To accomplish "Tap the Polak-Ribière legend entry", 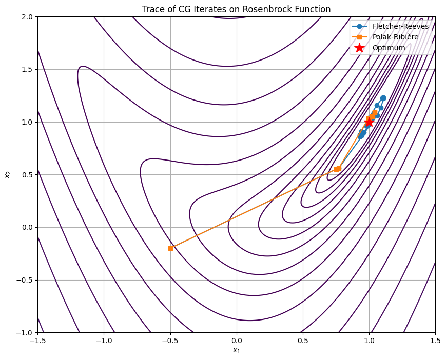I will pyautogui.click(x=399, y=37).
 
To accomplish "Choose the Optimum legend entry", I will pyautogui.click(x=389, y=48).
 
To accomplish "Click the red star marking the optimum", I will pyautogui.click(x=369, y=122).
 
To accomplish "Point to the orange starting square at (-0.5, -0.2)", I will pyautogui.click(x=170, y=248).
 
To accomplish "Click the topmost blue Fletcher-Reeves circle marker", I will pyautogui.click(x=383, y=98).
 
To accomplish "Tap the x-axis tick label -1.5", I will pyautogui.click(x=37, y=341).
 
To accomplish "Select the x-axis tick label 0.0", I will pyautogui.click(x=237, y=341).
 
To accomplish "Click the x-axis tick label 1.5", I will pyautogui.click(x=435, y=341).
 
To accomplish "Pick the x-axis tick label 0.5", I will pyautogui.click(x=303, y=341).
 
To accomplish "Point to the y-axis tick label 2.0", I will pyautogui.click(x=27, y=16).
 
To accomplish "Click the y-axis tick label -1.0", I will pyautogui.click(x=25, y=333).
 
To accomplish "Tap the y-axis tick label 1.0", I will pyautogui.click(x=27, y=122).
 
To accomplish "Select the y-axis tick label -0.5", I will pyautogui.click(x=25, y=280).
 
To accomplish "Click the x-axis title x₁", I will pyautogui.click(x=237, y=351).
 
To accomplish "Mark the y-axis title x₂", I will pyautogui.click(x=8, y=175).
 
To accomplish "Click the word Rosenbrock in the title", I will pyautogui.click(x=280, y=9).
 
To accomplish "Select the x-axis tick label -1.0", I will pyautogui.click(x=104, y=341).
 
